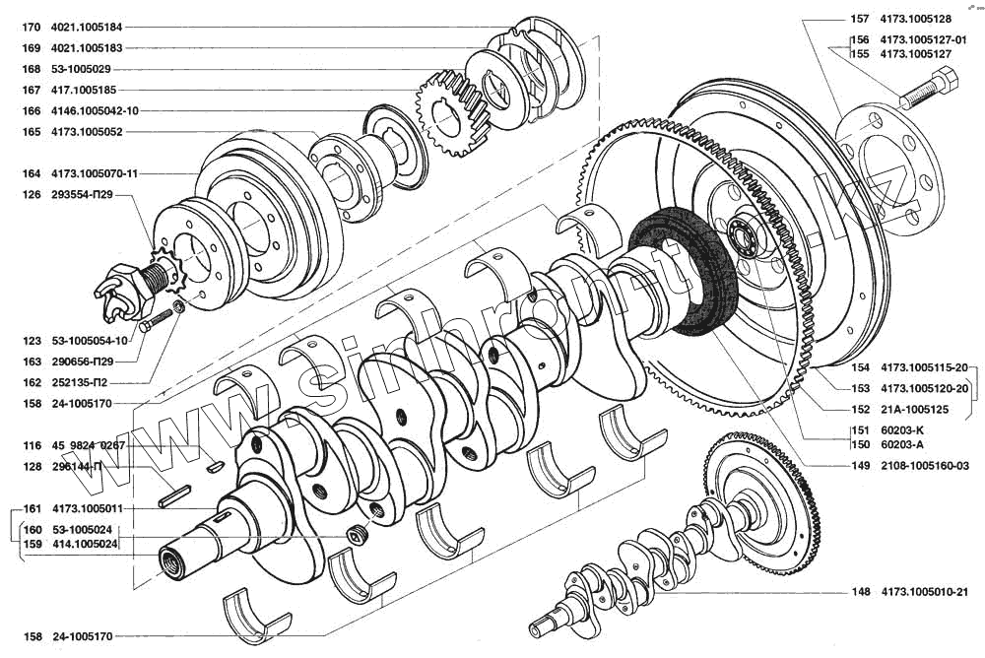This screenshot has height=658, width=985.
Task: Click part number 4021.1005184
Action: point(87,27)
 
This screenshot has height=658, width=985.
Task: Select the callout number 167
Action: point(32,90)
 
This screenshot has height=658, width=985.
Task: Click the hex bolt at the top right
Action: point(929,92)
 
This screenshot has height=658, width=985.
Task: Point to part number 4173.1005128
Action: point(916,19)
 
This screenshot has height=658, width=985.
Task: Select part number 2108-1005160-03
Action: point(925,466)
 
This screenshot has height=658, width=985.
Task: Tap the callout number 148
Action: point(861,591)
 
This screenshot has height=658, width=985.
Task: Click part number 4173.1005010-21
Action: point(925,591)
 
